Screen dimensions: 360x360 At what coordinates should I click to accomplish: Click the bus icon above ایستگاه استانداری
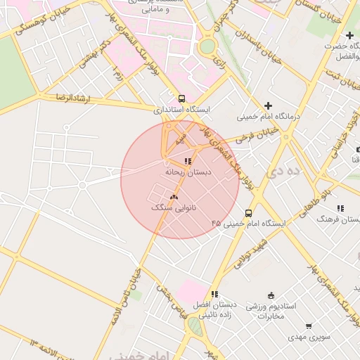click(x=182, y=99)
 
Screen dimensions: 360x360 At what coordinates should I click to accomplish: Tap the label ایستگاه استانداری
click(x=182, y=110)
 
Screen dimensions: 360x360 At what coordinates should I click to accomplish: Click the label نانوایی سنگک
click(x=174, y=208)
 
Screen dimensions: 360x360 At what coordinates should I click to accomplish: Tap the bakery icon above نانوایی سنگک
click(x=173, y=198)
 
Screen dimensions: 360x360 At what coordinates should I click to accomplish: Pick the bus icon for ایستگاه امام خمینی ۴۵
click(x=248, y=212)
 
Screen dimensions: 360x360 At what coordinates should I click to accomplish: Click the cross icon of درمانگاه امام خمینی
click(x=267, y=105)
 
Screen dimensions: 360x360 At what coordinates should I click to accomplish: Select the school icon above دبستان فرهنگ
click(x=340, y=208)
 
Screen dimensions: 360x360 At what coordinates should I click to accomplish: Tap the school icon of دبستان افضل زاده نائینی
click(x=214, y=294)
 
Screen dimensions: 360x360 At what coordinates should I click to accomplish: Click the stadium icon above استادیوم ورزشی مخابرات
click(x=271, y=295)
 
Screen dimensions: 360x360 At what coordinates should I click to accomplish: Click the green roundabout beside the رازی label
click(x=207, y=47)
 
